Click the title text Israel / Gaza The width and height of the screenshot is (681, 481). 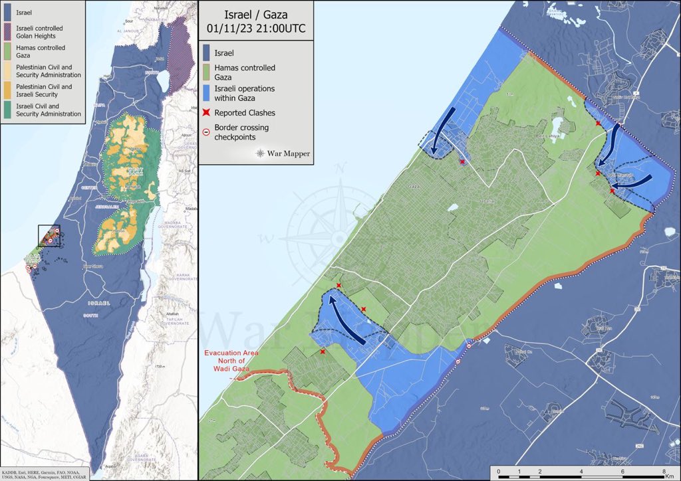pos(256,15)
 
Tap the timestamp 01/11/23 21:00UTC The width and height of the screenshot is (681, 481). pos(256,28)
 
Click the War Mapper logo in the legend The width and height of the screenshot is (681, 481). pos(283,153)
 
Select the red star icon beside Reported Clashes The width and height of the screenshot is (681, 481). pos(207,113)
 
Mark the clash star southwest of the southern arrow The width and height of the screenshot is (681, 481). pos(323,351)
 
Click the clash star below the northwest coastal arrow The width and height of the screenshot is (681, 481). pos(462,161)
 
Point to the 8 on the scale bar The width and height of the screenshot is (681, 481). pos(663,471)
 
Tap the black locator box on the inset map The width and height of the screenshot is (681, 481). pos(49,236)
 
